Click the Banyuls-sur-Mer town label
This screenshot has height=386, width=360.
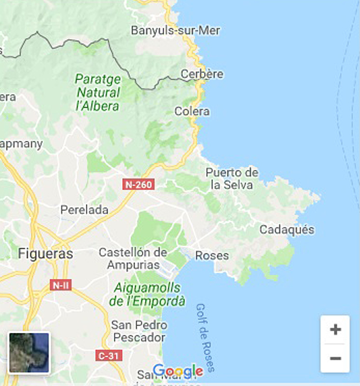[175, 30]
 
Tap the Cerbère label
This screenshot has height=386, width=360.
[202, 74]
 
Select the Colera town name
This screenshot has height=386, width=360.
[192, 111]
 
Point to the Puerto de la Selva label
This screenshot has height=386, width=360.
[232, 179]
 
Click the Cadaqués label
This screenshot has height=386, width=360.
[287, 230]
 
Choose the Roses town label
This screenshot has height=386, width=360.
[212, 255]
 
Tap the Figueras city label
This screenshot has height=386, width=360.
[45, 253]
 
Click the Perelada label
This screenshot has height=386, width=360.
[84, 210]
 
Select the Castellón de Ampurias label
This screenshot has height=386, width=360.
[133, 259]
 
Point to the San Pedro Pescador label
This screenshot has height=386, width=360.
[139, 331]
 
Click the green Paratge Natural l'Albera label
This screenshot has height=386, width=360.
[98, 92]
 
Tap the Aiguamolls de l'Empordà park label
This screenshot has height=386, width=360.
[147, 294]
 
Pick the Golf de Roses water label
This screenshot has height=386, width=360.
[205, 337]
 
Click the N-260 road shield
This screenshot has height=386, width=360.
[138, 184]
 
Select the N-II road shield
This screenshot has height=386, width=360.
[61, 285]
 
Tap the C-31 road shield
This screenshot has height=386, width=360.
[109, 356]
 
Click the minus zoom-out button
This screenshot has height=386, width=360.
[335, 358]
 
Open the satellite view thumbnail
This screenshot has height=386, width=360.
[29, 353]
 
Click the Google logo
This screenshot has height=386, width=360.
[178, 371]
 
